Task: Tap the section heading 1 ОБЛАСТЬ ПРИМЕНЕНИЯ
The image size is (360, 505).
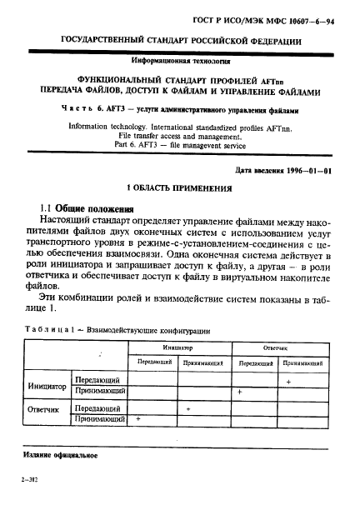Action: (179, 189)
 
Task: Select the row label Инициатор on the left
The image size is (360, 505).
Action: (47, 386)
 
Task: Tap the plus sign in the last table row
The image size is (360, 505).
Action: (137, 419)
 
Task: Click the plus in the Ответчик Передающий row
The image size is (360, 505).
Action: (190, 409)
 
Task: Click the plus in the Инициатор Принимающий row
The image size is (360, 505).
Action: (240, 390)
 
